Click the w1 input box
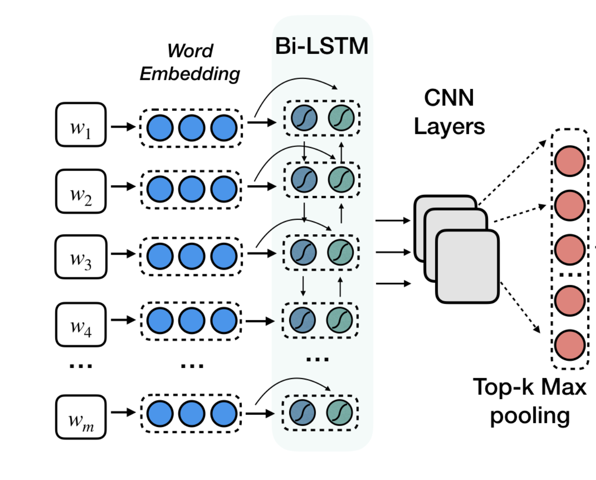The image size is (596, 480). click(x=81, y=125)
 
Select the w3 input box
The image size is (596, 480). click(x=81, y=257)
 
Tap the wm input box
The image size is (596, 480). click(x=81, y=417)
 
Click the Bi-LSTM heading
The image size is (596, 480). click(x=322, y=46)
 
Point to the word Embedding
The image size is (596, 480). click(x=190, y=74)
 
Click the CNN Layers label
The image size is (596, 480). click(x=449, y=112)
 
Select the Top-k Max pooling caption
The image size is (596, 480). click(x=530, y=401)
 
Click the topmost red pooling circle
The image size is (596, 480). click(x=570, y=161)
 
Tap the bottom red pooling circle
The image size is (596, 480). click(x=570, y=345)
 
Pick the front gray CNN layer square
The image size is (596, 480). click(x=467, y=266)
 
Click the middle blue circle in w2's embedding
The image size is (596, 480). click(x=192, y=189)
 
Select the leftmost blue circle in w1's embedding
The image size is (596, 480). click(x=160, y=128)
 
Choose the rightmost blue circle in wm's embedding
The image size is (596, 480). click(x=224, y=414)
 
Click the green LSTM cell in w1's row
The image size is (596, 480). click(x=341, y=118)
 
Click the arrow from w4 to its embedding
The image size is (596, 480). click(x=123, y=320)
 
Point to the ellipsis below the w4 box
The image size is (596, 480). click(x=81, y=365)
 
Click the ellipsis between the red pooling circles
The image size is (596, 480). click(x=570, y=275)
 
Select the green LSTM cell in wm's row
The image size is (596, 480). click(x=340, y=413)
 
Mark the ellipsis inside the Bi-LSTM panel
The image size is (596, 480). click(x=317, y=359)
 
